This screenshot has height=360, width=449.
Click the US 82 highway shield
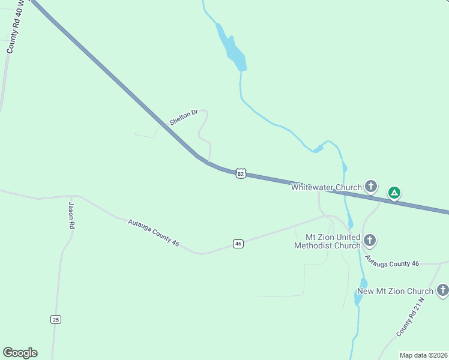(241, 173)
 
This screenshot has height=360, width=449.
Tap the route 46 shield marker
(238, 244)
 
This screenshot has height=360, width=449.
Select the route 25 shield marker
(56, 319)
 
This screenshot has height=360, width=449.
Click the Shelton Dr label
(184, 117)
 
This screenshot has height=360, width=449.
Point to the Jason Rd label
(71, 215)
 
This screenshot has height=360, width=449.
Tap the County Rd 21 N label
(410, 316)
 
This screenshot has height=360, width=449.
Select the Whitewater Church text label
(327, 187)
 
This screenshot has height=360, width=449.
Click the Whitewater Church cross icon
(372, 187)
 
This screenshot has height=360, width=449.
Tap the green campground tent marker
(394, 193)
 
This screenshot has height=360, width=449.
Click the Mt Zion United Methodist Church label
(328, 241)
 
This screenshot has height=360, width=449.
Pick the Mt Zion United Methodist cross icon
(370, 241)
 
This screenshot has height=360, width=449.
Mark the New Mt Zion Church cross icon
(443, 291)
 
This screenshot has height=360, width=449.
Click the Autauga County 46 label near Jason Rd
(154, 232)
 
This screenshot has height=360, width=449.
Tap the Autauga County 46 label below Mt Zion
(392, 263)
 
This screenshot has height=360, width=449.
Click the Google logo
(20, 353)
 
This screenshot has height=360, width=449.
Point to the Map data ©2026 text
(423, 355)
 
